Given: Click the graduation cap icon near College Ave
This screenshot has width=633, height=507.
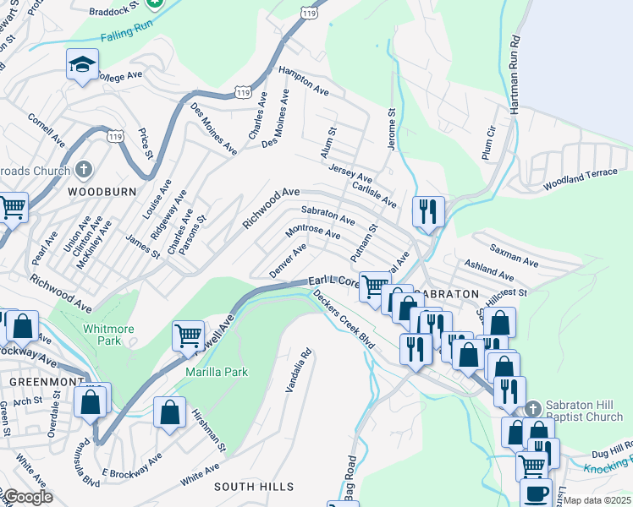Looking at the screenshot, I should coord(82,64).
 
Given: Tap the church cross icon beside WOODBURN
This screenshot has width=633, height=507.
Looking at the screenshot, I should coord(83,170).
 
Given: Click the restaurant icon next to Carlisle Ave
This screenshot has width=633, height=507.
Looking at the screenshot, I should coord(428,211).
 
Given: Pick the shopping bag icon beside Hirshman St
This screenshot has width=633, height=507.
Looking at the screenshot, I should coord(169,412).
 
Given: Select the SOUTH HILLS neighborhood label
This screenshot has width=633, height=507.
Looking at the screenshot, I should coord(254,487).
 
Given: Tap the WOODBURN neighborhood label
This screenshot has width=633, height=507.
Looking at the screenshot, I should coord(102,192).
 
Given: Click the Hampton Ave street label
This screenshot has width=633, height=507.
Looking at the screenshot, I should coord(304,80).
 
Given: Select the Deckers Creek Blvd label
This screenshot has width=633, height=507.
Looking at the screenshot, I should coord(344,320).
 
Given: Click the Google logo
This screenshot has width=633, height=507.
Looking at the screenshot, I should coord(27,497).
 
